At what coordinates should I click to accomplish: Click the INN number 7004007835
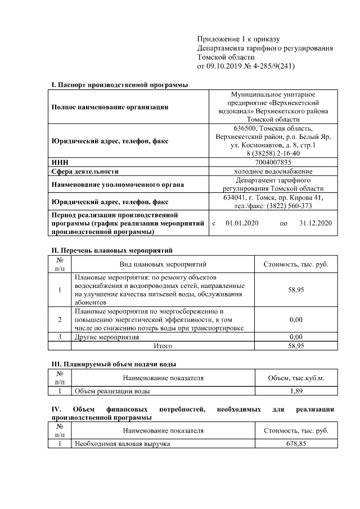(x=273, y=162)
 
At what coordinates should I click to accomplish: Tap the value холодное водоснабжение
(x=273, y=171)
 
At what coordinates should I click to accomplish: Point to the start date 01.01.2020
(x=241, y=223)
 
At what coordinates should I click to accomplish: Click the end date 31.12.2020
(x=316, y=223)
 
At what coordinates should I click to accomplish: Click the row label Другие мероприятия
(x=107, y=337)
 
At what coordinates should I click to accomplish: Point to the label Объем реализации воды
(x=112, y=391)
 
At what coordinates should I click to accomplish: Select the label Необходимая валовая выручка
(x=122, y=444)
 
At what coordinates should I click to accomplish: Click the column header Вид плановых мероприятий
(x=163, y=264)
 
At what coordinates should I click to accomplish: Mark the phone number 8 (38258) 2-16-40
(x=273, y=153)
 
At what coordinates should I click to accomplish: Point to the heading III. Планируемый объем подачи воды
(x=116, y=364)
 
